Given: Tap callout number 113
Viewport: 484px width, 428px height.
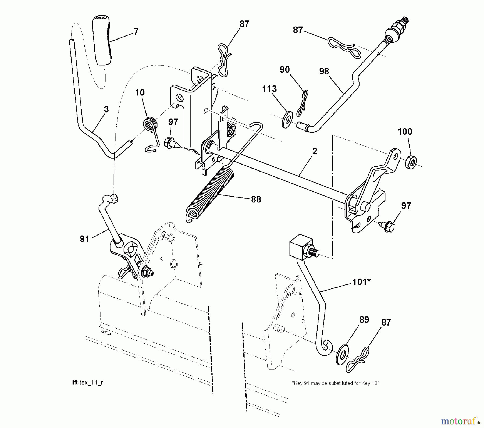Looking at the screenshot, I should click(x=269, y=89).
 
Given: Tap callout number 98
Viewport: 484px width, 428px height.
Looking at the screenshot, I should click(x=324, y=72).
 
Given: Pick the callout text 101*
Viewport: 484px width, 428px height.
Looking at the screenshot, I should click(x=361, y=282).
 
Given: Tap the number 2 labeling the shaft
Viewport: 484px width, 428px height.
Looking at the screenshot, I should click(x=315, y=151).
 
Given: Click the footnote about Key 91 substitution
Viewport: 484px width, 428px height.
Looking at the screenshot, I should click(x=336, y=383).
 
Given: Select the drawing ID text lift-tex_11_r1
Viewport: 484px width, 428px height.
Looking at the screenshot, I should click(x=88, y=382).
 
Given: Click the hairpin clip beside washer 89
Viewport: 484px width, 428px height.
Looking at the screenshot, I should click(x=358, y=360).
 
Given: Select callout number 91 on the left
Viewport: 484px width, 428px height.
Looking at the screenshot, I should click(x=84, y=239).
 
